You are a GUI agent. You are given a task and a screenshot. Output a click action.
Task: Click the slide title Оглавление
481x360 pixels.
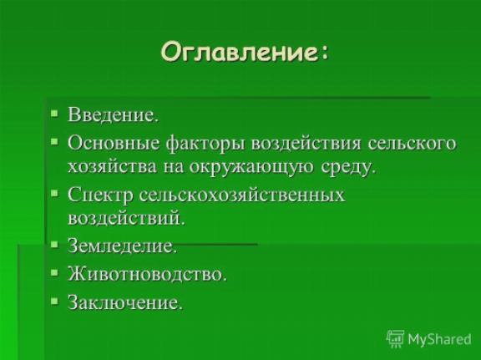[244, 52]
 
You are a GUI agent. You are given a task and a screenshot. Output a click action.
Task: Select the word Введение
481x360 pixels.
[114, 114]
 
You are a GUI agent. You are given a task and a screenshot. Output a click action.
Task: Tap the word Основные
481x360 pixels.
[114, 144]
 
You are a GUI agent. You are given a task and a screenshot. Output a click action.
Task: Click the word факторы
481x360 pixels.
[205, 145]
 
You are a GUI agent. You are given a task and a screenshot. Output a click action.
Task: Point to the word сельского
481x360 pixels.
[412, 144]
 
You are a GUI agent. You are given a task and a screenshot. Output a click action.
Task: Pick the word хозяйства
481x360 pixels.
[112, 167]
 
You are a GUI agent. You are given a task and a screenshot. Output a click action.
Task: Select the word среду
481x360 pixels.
[348, 168]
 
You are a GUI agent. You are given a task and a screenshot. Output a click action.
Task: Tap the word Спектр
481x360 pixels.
[99, 195]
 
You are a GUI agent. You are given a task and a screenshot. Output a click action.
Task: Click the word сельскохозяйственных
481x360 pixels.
[242, 195]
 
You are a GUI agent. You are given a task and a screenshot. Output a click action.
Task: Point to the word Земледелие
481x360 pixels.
[123, 246]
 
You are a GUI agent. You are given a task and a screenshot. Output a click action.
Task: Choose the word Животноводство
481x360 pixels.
[147, 274]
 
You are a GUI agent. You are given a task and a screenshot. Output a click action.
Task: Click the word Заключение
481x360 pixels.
[125, 302]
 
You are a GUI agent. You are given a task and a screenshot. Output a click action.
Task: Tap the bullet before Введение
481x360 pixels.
[54, 114]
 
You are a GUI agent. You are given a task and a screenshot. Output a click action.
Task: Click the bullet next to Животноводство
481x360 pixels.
[54, 273]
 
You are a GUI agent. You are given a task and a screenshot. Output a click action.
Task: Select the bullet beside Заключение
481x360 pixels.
[54, 301]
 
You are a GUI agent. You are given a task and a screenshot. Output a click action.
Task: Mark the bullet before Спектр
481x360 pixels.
[54, 193]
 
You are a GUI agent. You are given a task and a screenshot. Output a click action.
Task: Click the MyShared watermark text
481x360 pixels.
[439, 339]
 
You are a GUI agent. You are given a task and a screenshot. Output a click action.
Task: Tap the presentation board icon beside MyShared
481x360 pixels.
[395, 339]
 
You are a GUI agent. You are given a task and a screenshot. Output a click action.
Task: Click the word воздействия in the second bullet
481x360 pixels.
[306, 144]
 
